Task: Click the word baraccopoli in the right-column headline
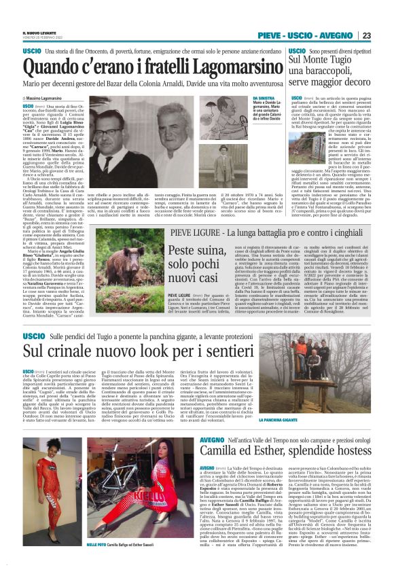tap(320, 71)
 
